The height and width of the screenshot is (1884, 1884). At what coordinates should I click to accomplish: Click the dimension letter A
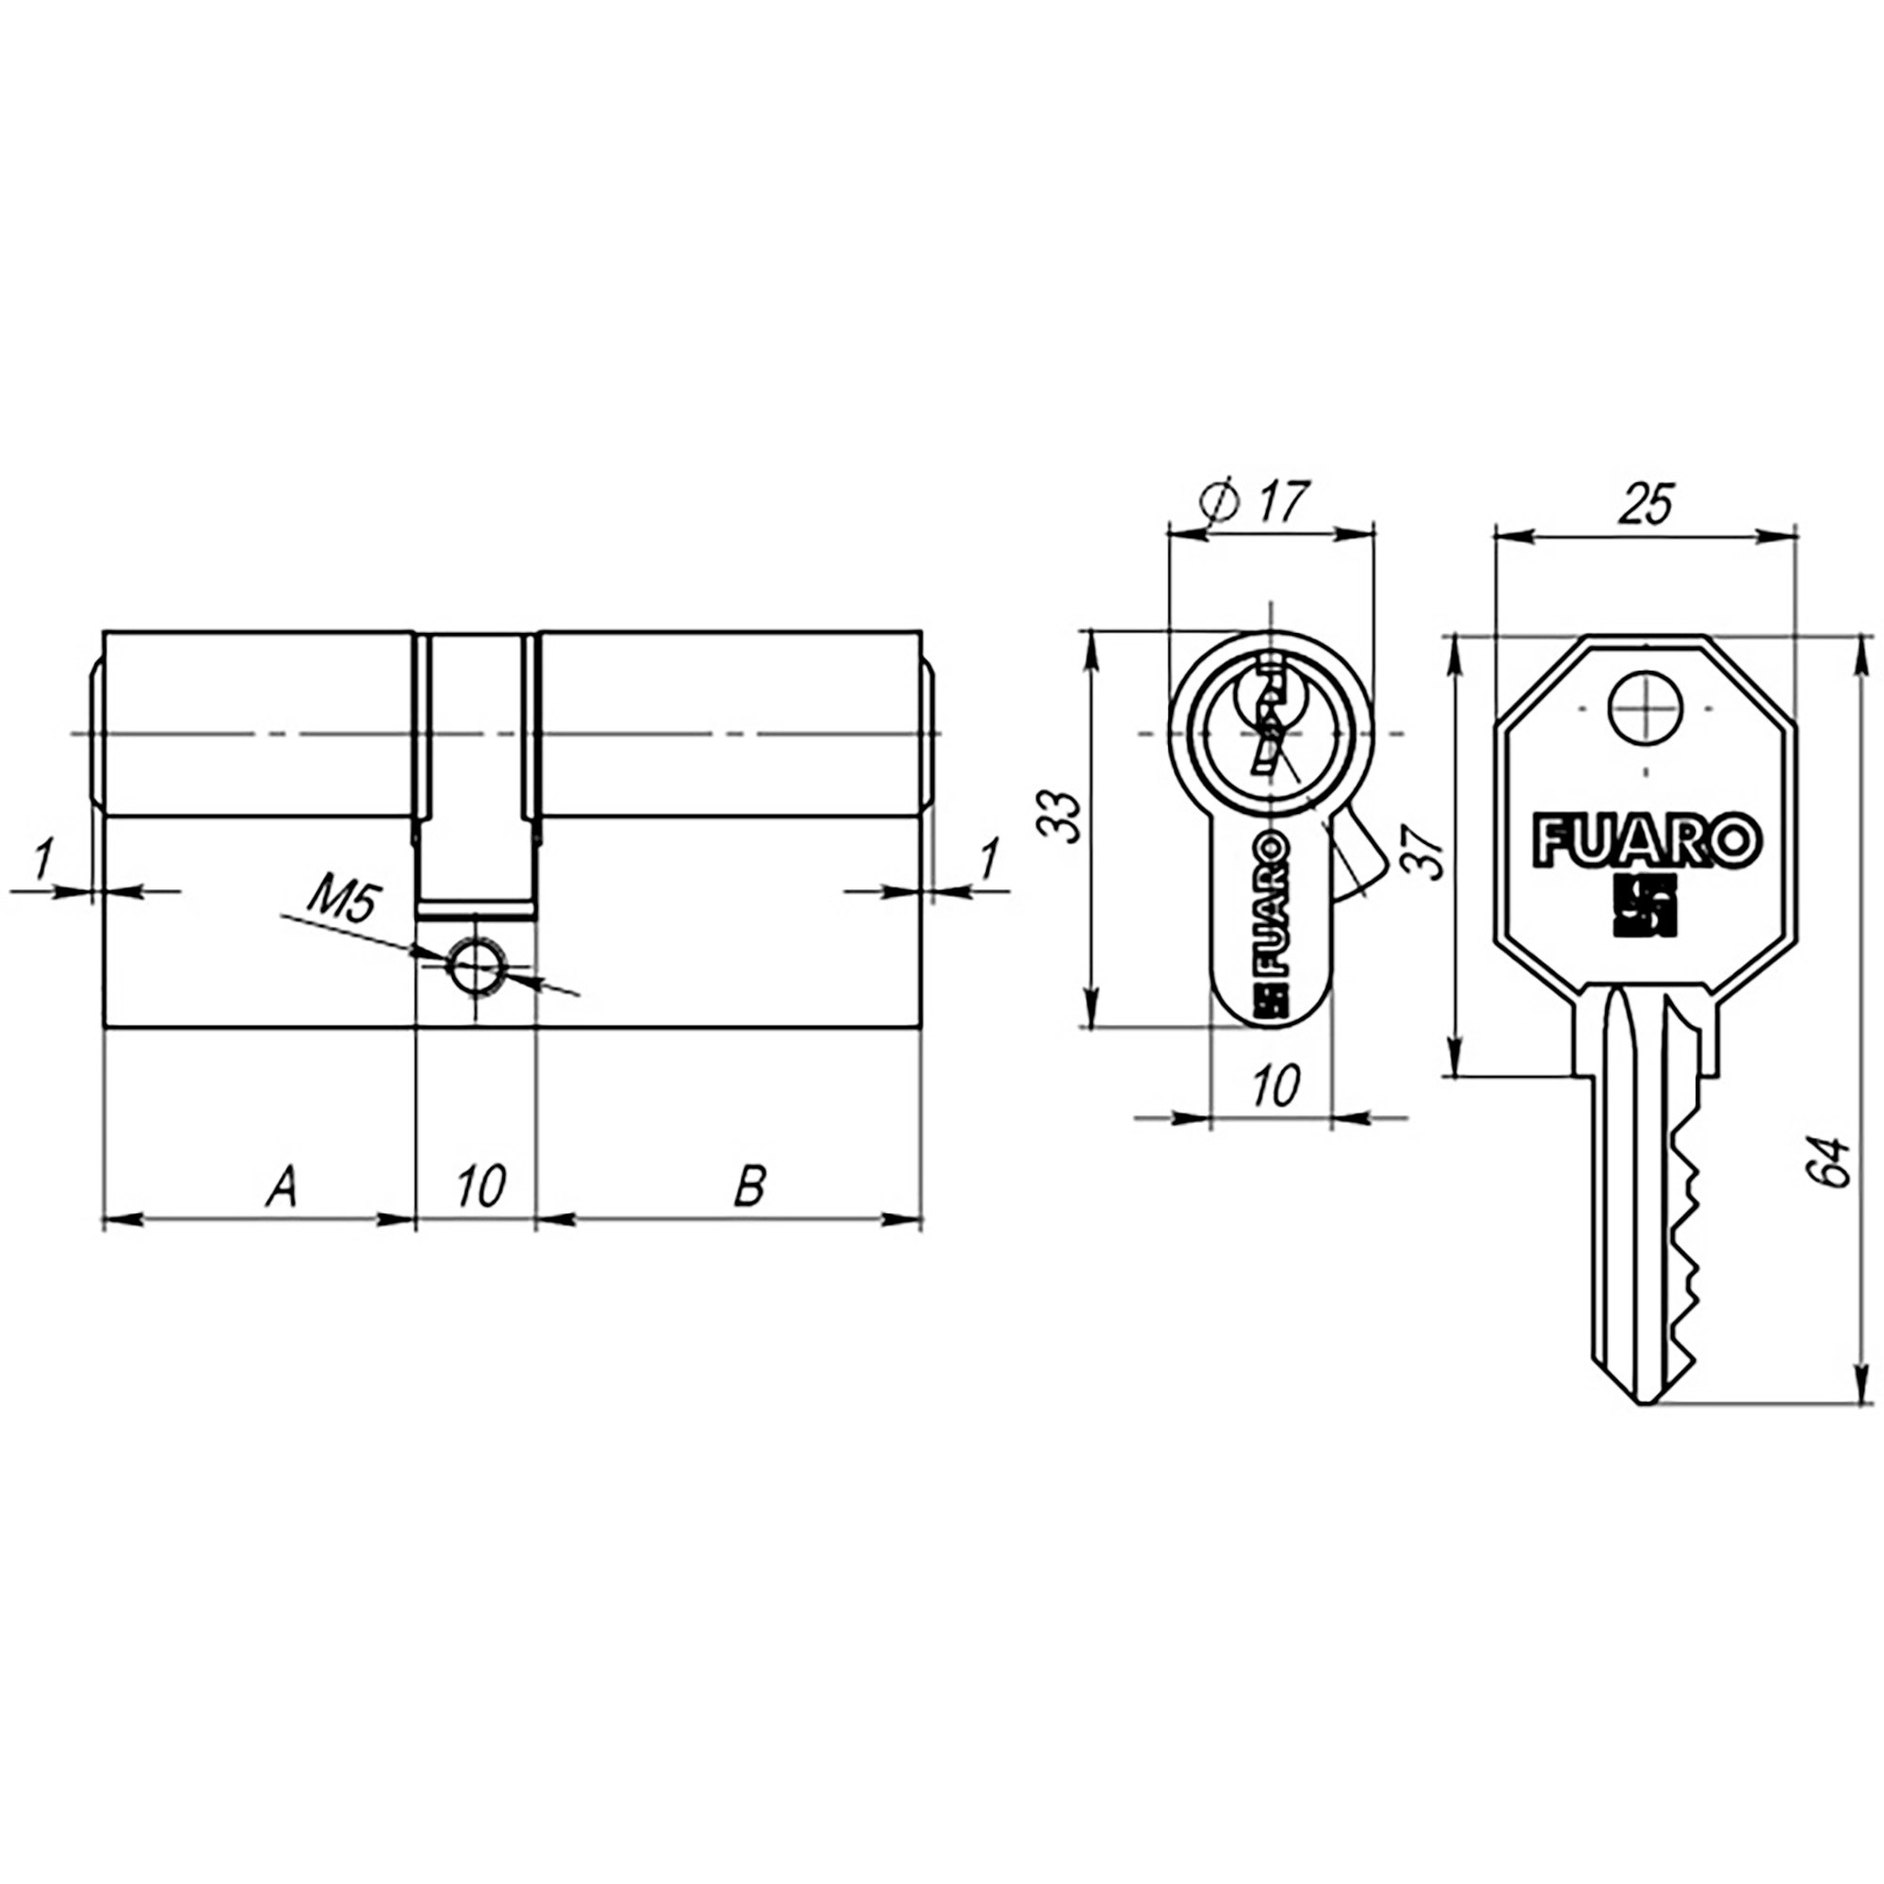click(283, 1187)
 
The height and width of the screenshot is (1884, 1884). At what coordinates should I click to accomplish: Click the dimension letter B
click(750, 1187)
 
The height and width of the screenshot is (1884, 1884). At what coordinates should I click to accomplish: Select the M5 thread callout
click(344, 905)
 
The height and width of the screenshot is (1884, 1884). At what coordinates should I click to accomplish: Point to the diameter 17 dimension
click(1256, 503)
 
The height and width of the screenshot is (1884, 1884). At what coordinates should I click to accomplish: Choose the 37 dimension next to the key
click(1424, 852)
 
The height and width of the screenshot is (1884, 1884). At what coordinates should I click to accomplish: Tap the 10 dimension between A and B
click(479, 1187)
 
